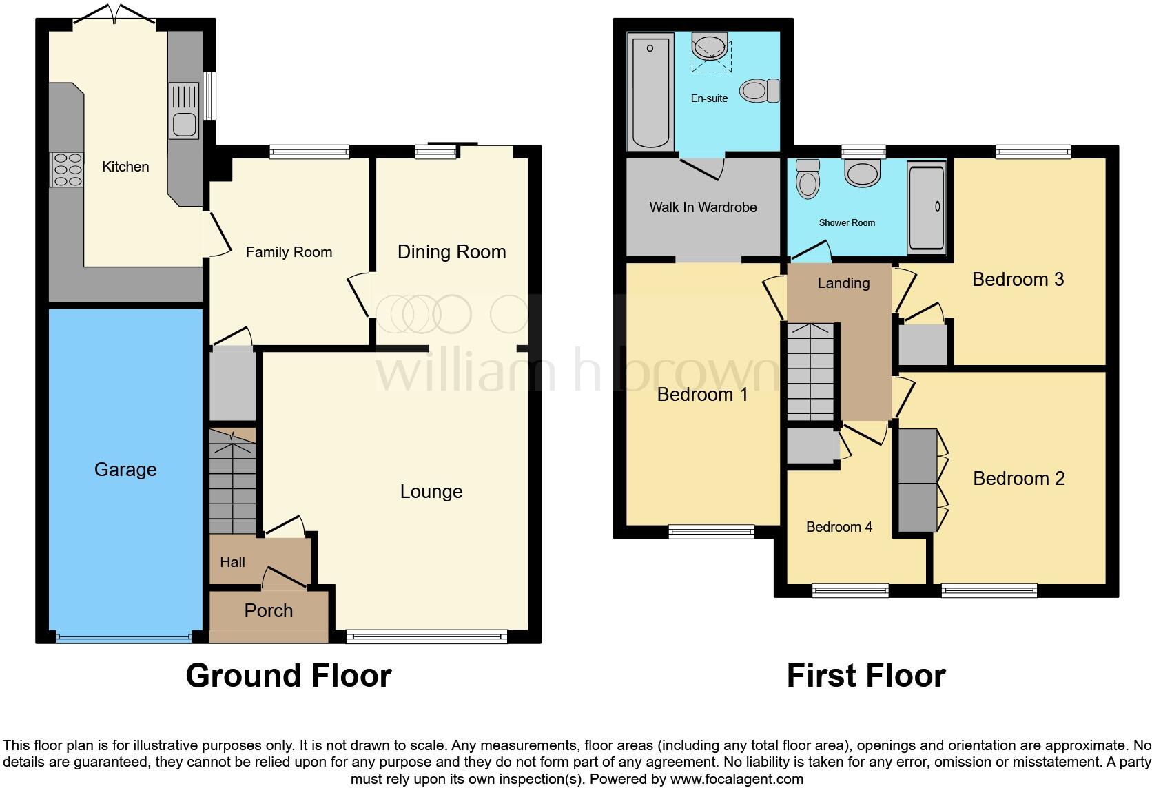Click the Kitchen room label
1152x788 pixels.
point(125,167)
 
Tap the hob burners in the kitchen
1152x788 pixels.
point(67,169)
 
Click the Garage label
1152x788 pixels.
point(125,470)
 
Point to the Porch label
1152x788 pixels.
point(268,611)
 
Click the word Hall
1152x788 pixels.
point(232,562)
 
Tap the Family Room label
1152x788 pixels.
point(289,252)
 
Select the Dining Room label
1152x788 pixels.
point(451,252)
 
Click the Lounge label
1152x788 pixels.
point(431,492)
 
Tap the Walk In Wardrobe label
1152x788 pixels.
point(703,207)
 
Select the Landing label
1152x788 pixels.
point(843,283)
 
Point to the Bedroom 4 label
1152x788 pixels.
point(839,527)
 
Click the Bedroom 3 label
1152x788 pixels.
point(1018,280)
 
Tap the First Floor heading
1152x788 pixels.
point(866,676)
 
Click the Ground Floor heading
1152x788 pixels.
point(288,676)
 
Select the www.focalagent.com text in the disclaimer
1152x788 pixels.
point(736,780)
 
